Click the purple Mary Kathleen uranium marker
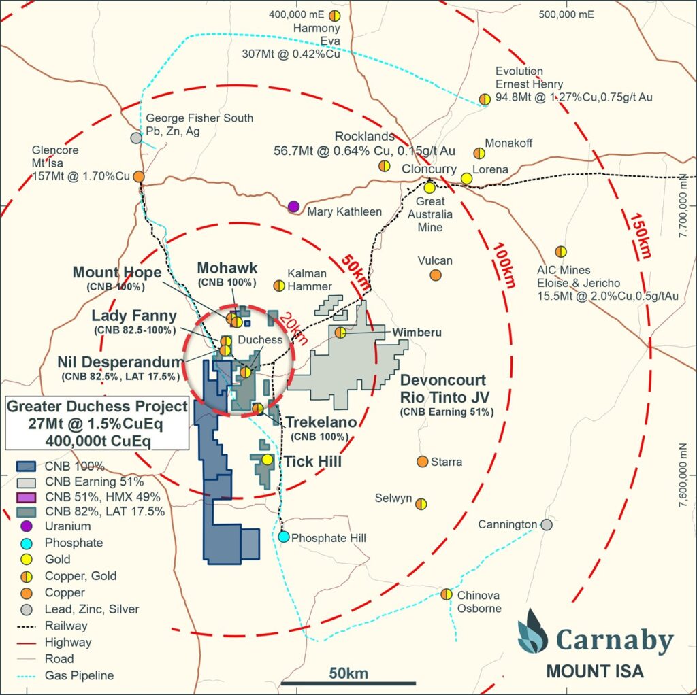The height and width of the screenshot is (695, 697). click(x=293, y=206)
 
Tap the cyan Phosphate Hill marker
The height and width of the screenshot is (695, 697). click(x=284, y=537)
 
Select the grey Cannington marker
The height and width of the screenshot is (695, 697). click(x=546, y=524)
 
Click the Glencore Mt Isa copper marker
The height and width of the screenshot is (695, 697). click(x=138, y=176)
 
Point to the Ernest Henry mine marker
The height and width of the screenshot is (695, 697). click(x=485, y=99)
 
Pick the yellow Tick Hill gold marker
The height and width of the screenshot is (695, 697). click(x=267, y=460)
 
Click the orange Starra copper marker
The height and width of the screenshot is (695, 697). click(x=422, y=462)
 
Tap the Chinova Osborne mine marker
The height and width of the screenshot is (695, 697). click(x=446, y=594)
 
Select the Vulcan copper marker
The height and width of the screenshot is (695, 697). click(x=435, y=275)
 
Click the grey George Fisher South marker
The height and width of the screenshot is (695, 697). click(x=136, y=137)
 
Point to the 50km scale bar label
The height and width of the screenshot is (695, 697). click(x=348, y=673)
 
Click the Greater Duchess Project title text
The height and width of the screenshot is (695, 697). click(x=97, y=407)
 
